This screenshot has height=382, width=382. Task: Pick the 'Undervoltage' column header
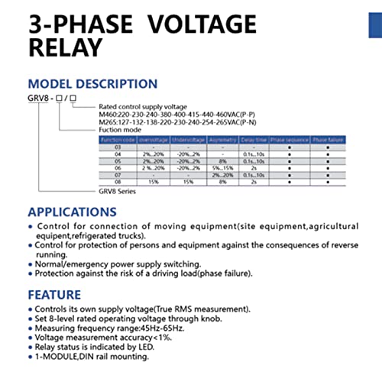[x=183, y=140]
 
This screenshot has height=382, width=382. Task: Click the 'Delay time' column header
[x=254, y=140]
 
